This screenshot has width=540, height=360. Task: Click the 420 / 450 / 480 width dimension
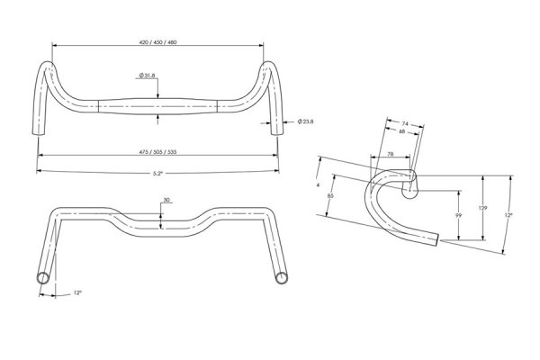pyautogui.click(x=157, y=42)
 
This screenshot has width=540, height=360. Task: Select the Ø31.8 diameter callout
pyautogui.click(x=147, y=75)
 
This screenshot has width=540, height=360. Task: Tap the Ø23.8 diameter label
pyautogui.click(x=305, y=121)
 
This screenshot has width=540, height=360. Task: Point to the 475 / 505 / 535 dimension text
pyautogui.click(x=157, y=152)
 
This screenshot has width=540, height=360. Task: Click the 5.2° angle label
pyautogui.click(x=157, y=174)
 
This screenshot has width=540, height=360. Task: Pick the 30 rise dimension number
pyautogui.click(x=166, y=200)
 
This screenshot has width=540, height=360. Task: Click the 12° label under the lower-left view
pyautogui.click(x=77, y=292)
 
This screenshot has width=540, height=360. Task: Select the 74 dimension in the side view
pyautogui.click(x=405, y=123)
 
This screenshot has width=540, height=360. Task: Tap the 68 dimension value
pyautogui.click(x=402, y=131)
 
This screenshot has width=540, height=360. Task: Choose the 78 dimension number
pyautogui.click(x=391, y=154)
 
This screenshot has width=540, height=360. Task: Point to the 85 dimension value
pyautogui.click(x=330, y=195)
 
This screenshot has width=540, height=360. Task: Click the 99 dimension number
pyautogui.click(x=458, y=216)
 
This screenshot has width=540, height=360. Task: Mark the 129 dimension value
pyautogui.click(x=482, y=208)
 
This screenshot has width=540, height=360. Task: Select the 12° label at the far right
pyautogui.click(x=508, y=215)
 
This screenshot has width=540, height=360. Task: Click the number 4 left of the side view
pyautogui.click(x=318, y=185)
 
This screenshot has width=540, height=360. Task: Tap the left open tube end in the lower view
pyautogui.click(x=43, y=278)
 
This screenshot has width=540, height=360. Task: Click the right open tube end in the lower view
pyautogui.click(x=282, y=278)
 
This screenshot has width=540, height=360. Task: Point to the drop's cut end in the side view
pyautogui.click(x=437, y=239)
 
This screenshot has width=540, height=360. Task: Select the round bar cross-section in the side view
pyautogui.click(x=409, y=190)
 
